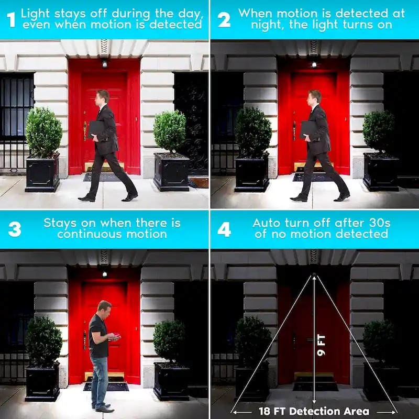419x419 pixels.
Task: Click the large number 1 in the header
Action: (11, 19)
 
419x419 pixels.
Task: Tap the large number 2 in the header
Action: (224, 20)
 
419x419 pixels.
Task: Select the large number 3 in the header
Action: (15, 229)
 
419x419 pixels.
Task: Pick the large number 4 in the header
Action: (224, 229)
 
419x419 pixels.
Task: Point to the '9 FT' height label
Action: (321, 345)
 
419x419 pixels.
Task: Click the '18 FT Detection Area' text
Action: (314, 411)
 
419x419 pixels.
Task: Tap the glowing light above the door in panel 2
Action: (314, 64)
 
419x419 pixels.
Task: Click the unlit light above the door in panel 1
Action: (104, 63)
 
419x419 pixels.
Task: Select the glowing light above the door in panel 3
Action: (104, 274)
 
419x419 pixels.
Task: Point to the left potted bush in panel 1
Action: (43, 133)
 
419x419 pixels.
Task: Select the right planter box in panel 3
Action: (171, 382)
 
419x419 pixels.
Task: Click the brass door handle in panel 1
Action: (85, 130)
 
